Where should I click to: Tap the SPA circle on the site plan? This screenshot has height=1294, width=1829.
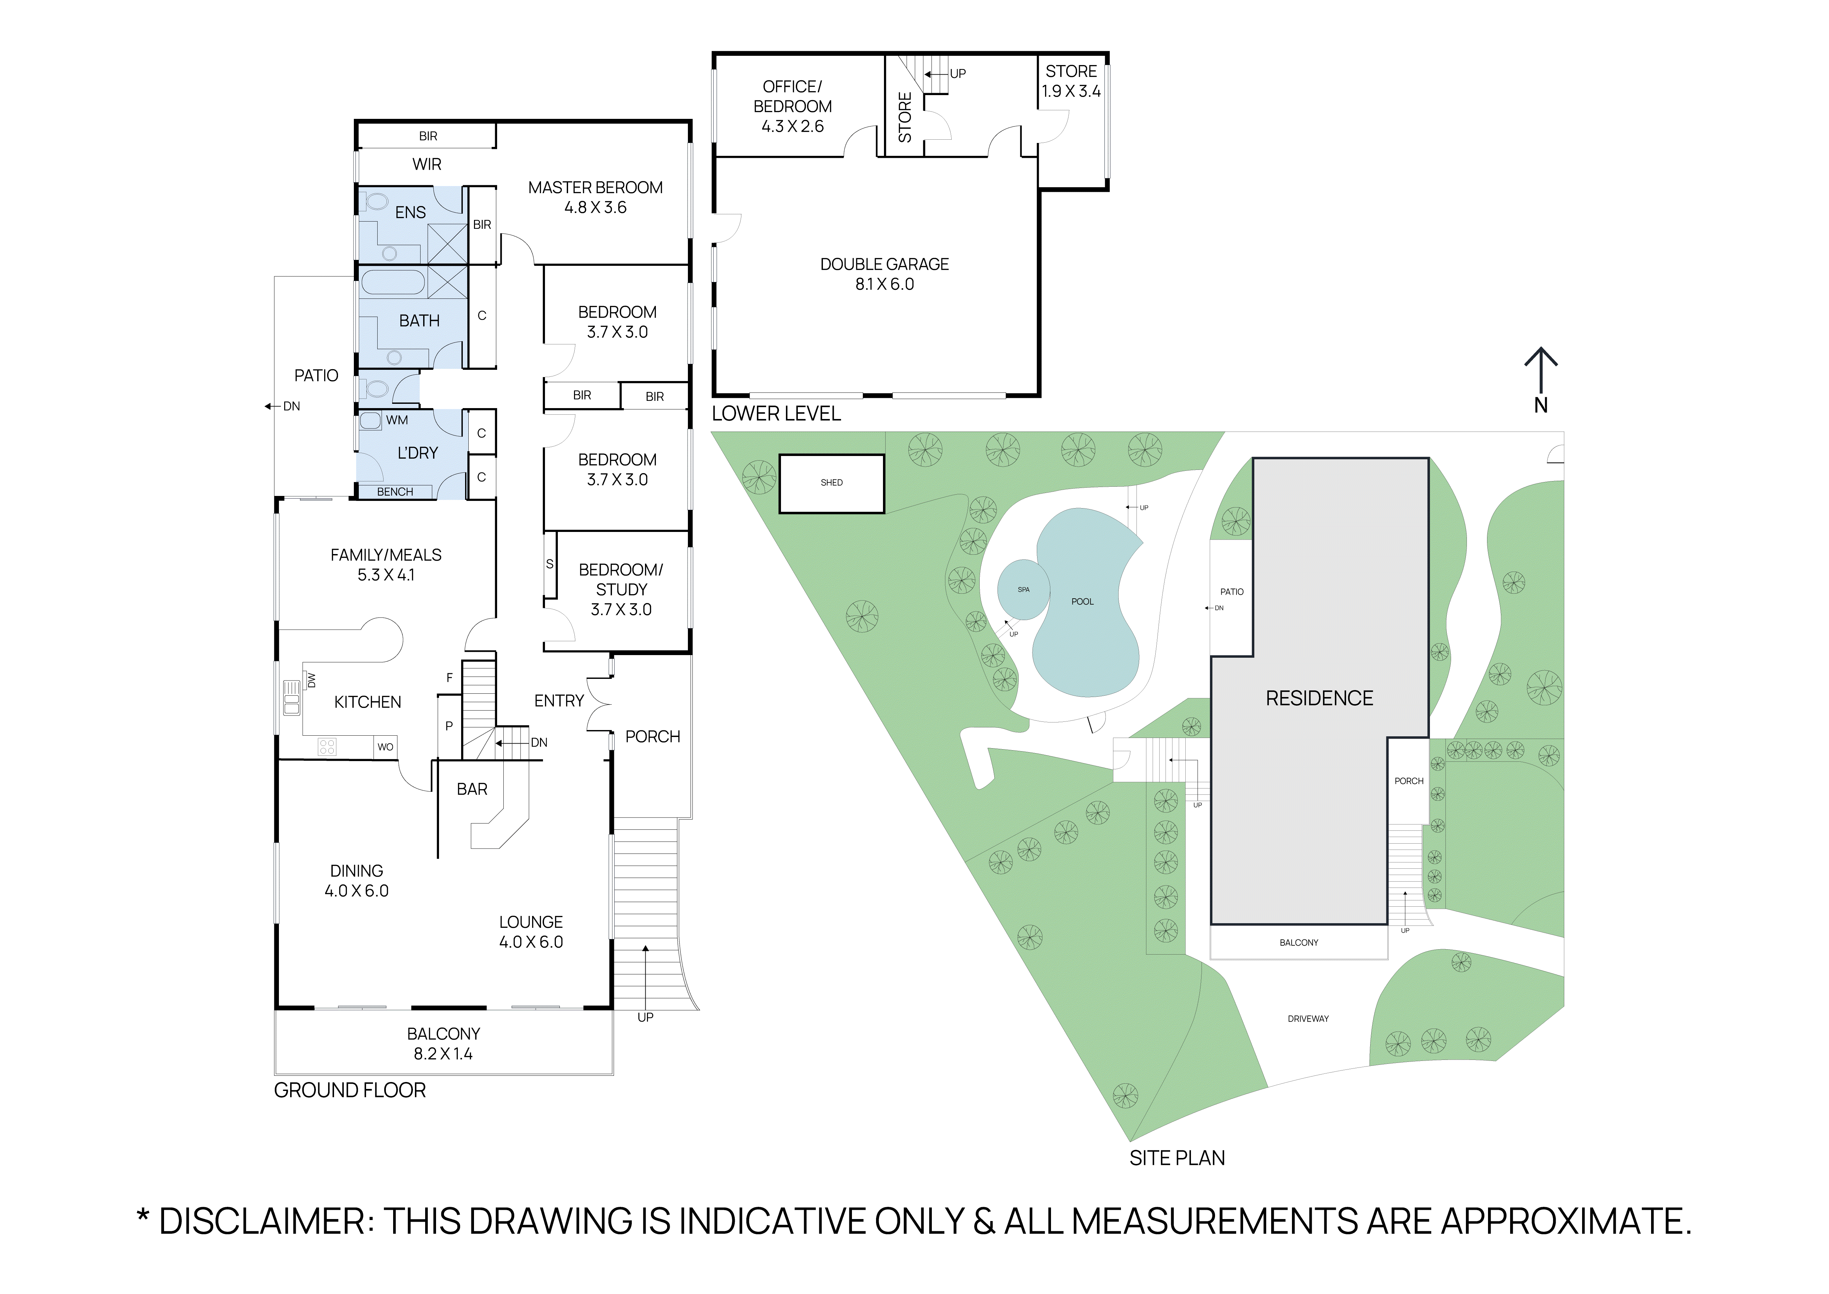point(1024,590)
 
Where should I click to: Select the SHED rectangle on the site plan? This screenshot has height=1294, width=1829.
point(832,483)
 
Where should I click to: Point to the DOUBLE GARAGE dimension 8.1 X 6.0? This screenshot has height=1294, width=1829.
point(884,285)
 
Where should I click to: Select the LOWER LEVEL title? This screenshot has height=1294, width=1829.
point(776,413)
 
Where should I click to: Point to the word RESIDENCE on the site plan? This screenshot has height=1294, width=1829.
point(1319,699)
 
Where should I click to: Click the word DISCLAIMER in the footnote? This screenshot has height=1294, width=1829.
point(261,1221)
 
